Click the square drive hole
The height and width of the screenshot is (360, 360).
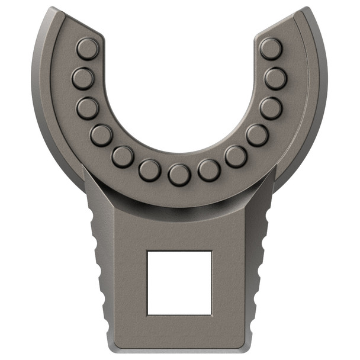click(179, 282)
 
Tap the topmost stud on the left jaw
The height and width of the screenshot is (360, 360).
click(88, 49)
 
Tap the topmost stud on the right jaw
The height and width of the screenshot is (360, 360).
click(271, 49)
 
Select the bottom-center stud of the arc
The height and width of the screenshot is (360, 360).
click(179, 175)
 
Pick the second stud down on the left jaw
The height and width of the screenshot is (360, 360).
click(83, 78)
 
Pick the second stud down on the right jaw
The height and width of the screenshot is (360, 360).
click(276, 78)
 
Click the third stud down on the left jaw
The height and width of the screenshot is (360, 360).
click(88, 108)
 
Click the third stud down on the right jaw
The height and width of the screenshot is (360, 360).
click(271, 108)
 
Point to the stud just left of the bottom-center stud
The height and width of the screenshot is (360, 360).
click(150, 171)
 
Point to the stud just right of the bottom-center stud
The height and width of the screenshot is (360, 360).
click(209, 170)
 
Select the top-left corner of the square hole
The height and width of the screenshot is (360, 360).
click(147, 251)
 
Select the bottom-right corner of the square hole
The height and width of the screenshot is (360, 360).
click(211, 314)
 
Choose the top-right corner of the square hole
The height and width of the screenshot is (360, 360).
click(211, 251)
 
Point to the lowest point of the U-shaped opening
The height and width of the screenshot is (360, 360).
click(179, 156)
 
